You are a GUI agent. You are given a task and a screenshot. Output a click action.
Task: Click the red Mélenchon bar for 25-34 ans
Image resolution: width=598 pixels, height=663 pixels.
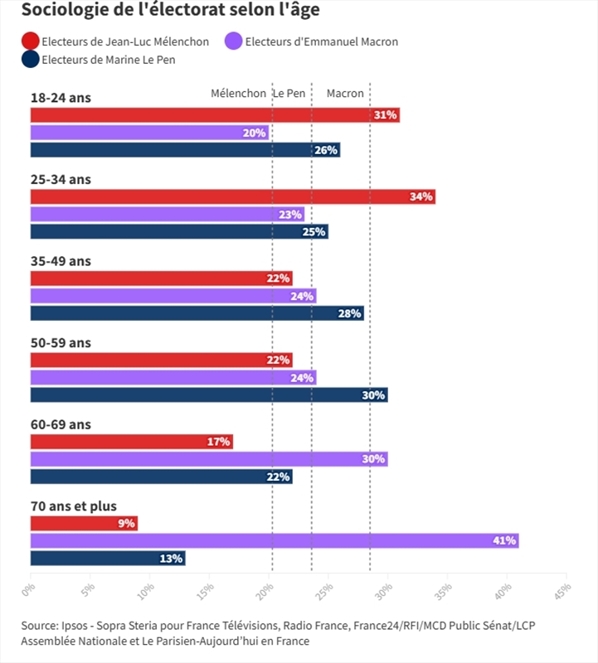point(232,196)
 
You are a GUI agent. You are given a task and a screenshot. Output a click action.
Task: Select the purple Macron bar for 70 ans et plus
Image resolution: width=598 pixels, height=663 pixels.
point(274,540)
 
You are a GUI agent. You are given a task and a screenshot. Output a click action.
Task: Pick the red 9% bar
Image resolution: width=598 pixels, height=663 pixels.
point(84,523)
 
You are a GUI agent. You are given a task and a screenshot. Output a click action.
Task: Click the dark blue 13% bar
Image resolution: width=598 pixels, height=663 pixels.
point(108,558)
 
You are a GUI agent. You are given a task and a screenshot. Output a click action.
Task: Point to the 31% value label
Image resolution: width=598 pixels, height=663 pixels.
point(386,115)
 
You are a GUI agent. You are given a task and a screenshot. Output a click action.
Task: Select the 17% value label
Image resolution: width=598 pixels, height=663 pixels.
point(218,442)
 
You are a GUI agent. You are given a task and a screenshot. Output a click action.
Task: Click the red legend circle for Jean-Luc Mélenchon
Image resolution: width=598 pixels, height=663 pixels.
point(30,41)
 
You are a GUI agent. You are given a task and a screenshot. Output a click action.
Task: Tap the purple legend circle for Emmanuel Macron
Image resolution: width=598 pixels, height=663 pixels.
point(234,41)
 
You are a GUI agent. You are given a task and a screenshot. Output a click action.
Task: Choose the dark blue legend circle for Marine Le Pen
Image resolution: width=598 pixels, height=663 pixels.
point(30,59)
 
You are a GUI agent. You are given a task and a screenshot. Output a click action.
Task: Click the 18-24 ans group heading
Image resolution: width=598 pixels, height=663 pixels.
point(61,97)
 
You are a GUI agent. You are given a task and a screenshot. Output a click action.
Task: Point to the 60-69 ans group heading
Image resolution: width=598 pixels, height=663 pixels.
point(61,424)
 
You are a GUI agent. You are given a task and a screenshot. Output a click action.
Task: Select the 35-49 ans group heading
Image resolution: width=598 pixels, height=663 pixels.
point(61,260)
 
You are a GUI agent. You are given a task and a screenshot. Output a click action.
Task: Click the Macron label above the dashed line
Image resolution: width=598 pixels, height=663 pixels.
point(345,93)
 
